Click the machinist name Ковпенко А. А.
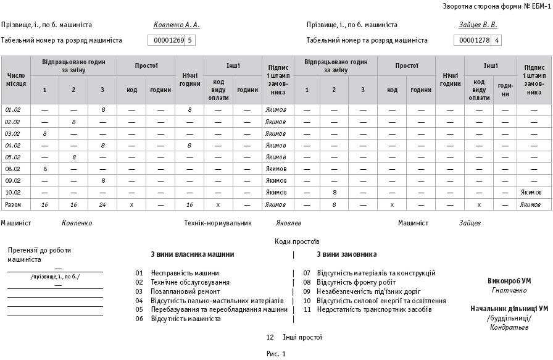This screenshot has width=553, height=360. [177, 25]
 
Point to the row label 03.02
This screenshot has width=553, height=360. [13, 133]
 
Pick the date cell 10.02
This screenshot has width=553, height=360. [13, 192]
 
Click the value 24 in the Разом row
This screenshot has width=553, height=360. [103, 204]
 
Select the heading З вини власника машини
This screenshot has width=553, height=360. [192, 254]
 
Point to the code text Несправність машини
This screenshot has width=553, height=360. [185, 273]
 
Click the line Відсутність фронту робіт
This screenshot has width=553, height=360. [357, 282]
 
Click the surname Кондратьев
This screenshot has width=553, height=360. [509, 327]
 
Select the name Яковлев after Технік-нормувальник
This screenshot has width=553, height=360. [288, 223]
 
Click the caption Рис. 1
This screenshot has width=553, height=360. [276, 354]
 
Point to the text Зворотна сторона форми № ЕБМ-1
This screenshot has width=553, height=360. [496, 6]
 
